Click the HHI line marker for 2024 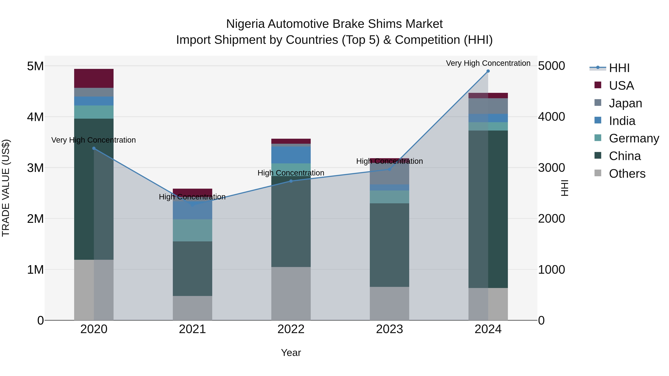click(x=488, y=71)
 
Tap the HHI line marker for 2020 click(x=94, y=148)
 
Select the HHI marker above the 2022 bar click(x=291, y=181)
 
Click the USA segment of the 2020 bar click(x=94, y=78)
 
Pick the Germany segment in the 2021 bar click(x=193, y=230)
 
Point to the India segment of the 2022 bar click(x=291, y=155)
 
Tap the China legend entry click(x=625, y=156)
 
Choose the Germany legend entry click(x=634, y=139)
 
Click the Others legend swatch click(x=598, y=173)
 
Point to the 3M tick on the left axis click(x=35, y=168)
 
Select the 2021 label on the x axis click(x=193, y=329)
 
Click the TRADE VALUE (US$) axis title click(x=6, y=188)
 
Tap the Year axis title click(x=291, y=353)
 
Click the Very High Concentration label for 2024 click(x=488, y=63)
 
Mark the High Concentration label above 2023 click(x=389, y=161)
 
